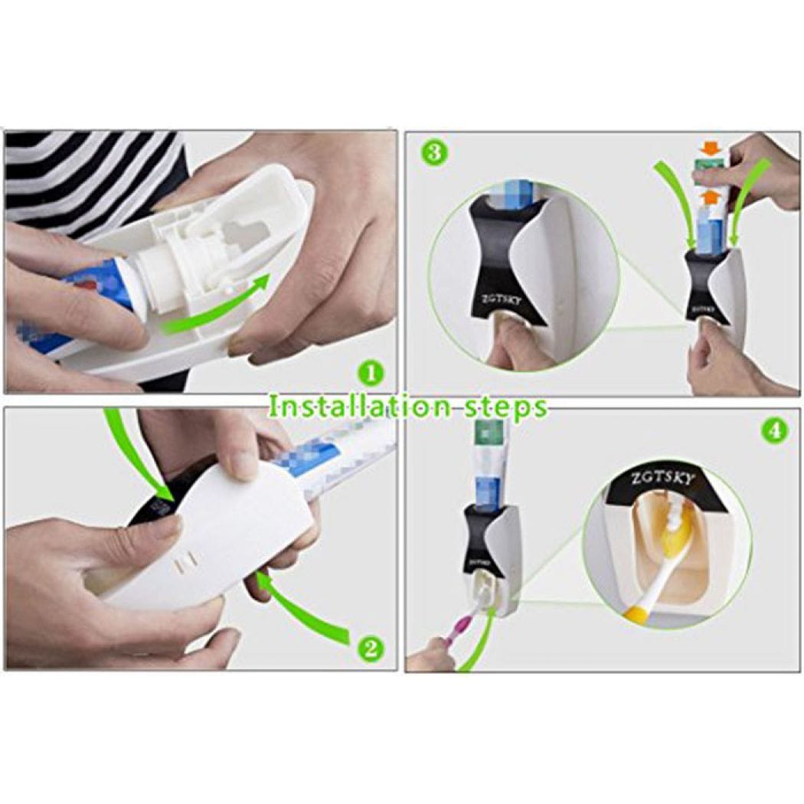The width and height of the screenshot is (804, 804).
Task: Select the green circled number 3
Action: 433,152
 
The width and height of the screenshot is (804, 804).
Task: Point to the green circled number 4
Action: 774,430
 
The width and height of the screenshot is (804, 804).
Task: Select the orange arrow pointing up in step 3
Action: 711,198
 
